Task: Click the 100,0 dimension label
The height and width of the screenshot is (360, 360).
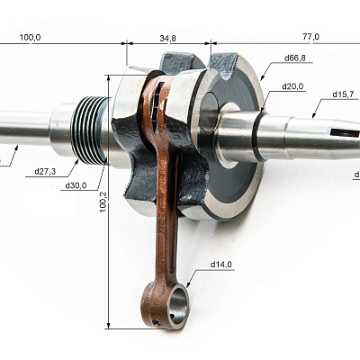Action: (31, 38)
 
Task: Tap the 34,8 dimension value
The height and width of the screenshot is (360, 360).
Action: (168, 39)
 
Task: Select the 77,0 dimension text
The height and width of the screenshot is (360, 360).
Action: (311, 37)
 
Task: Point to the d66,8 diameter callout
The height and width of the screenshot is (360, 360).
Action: (295, 58)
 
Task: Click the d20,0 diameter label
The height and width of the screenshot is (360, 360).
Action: (292, 86)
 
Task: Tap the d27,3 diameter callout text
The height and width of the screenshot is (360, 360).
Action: (45, 172)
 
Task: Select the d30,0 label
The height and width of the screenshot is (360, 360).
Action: (76, 185)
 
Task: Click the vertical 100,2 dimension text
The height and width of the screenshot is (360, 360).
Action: (103, 202)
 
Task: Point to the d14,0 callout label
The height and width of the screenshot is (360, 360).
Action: (221, 265)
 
